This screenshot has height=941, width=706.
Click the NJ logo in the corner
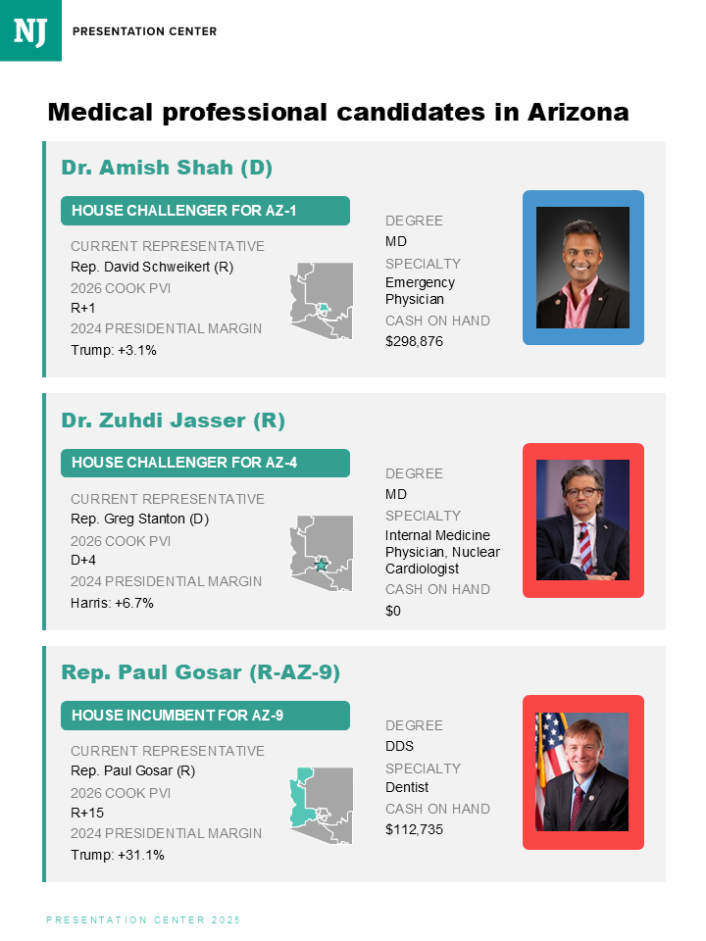click(30, 30)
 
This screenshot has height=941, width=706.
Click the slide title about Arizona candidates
click(338, 112)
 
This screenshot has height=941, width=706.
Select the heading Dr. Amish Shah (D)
click(167, 167)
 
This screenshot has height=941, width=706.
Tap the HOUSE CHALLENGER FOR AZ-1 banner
click(205, 211)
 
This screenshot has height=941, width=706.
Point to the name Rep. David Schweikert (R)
click(152, 267)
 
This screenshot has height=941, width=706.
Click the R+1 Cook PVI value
click(83, 308)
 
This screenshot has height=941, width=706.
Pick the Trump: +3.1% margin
click(114, 349)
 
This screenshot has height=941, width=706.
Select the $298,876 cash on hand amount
click(414, 341)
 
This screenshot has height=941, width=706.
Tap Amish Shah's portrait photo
click(582, 267)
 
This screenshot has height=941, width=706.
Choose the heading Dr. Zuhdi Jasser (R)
click(174, 421)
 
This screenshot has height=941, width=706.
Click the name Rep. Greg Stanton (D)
click(140, 519)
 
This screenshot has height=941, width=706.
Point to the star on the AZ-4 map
click(321, 566)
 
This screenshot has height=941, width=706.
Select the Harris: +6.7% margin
click(112, 602)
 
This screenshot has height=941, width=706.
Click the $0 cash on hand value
click(393, 611)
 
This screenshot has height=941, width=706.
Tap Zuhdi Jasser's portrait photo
click(582, 520)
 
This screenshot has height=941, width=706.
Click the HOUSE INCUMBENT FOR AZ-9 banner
click(205, 716)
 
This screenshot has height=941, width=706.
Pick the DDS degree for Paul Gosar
click(399, 746)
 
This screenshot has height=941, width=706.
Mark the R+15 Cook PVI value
click(87, 813)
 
